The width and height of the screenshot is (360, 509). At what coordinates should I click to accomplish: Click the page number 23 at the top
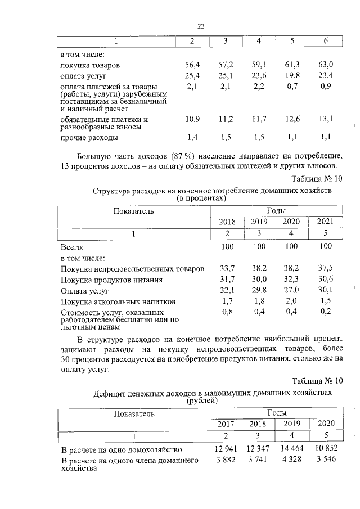point(201,25)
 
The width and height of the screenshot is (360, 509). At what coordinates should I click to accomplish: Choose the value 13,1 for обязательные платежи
point(326,119)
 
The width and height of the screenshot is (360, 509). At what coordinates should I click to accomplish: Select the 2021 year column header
point(326,222)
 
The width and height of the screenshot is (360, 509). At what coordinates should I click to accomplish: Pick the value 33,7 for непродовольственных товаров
point(227,268)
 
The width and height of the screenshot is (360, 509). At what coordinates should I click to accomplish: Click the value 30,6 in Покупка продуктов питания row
point(326,280)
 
